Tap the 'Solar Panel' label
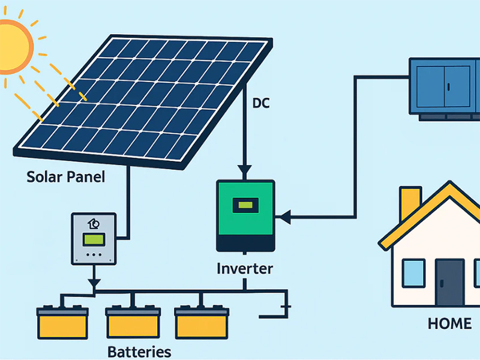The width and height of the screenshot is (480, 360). point(65,178)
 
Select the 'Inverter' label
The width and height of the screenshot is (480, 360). point(244,268)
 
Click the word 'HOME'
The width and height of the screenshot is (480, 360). point(449,323)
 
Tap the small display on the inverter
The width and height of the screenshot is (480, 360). point(245,205)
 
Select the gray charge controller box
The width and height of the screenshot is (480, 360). point(94,238)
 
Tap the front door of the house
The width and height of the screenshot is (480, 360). point(449,283)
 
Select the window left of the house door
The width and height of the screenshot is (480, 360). point(413,272)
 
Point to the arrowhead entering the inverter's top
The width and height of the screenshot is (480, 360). point(244,169)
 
